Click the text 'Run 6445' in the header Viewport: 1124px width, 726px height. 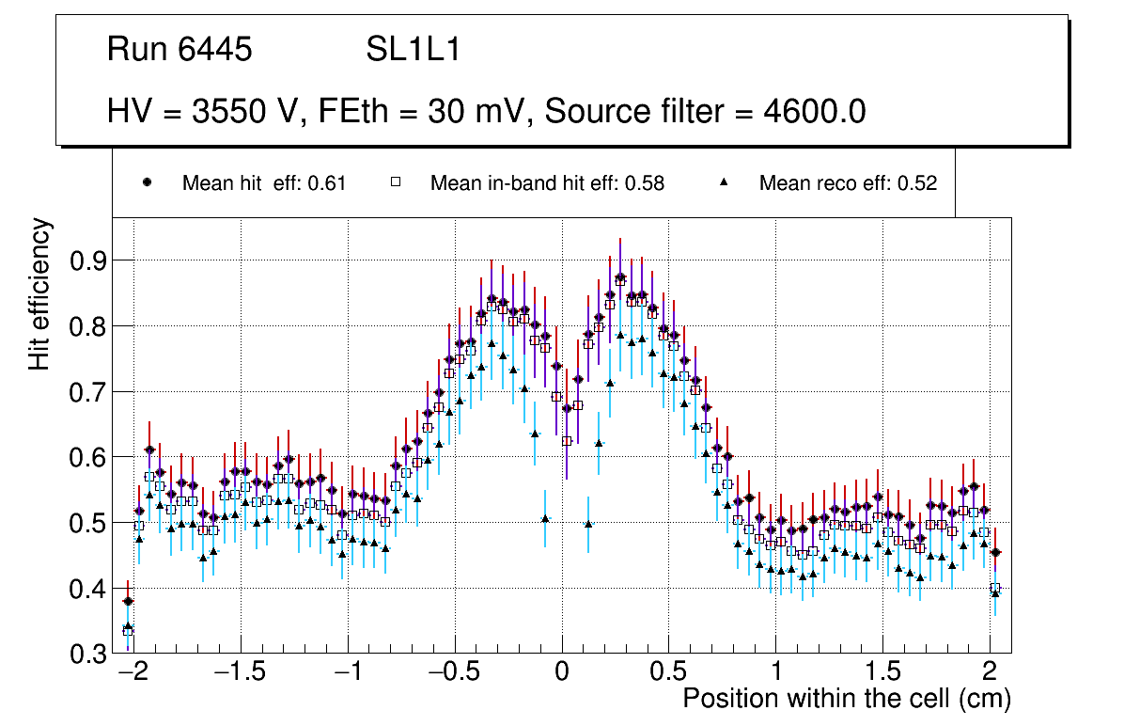[180, 50]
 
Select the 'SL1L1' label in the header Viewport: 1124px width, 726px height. [413, 50]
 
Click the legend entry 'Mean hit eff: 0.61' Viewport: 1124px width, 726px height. [264, 183]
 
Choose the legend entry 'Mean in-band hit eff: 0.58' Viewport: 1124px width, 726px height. [547, 183]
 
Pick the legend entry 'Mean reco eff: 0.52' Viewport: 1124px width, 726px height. [848, 183]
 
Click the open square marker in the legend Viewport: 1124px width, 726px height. [397, 183]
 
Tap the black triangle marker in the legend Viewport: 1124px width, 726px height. [726, 183]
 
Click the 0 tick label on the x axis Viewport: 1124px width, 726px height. [562, 673]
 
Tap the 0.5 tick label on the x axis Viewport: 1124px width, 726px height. [669, 673]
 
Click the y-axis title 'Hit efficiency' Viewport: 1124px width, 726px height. [39, 293]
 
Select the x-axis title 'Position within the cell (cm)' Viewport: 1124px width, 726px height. [846, 700]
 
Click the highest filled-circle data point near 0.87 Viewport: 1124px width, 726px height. [620, 277]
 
